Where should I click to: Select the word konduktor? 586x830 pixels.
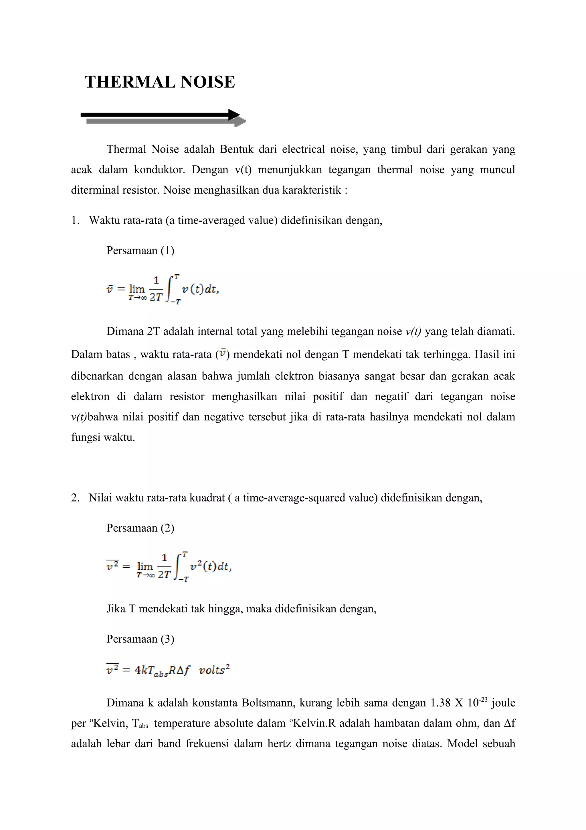[159, 170]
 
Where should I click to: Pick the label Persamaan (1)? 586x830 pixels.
[140, 251]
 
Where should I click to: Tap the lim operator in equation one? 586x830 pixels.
[137, 288]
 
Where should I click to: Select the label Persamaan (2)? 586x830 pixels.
[140, 528]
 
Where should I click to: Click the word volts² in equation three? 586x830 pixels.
[215, 670]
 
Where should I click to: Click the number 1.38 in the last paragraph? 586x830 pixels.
[440, 703]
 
